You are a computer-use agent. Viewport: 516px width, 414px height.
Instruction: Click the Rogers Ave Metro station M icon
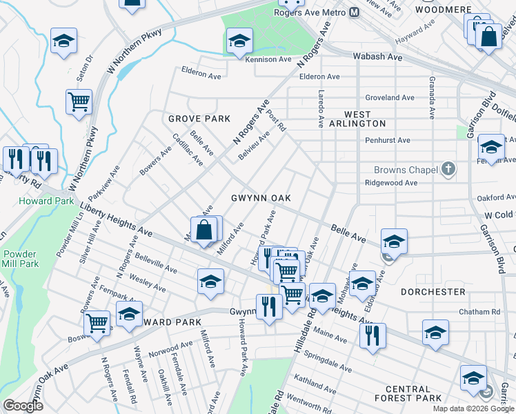[354, 12]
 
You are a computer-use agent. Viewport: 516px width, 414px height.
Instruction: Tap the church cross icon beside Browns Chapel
[448, 168]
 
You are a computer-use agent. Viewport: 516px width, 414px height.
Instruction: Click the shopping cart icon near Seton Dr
[79, 102]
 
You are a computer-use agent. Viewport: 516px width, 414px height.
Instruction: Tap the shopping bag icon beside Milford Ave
[204, 230]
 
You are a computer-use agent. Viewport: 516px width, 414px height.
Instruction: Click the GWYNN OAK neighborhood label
[261, 198]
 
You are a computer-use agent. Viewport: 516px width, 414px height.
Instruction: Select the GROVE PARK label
[199, 119]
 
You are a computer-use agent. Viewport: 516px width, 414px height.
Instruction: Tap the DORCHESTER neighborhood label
[432, 292]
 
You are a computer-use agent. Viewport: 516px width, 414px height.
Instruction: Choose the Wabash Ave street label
[377, 57]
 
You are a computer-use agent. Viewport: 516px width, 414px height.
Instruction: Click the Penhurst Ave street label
[388, 140]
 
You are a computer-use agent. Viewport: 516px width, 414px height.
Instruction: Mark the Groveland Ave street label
[390, 98]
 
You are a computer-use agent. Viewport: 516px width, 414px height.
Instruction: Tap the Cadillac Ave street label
[188, 149]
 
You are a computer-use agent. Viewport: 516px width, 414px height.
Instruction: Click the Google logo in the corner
[23, 406]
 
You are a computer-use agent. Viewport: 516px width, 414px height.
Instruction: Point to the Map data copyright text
[473, 408]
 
